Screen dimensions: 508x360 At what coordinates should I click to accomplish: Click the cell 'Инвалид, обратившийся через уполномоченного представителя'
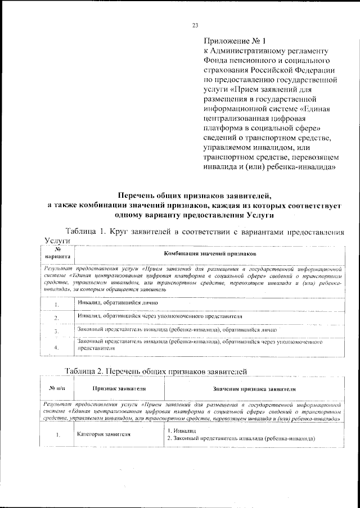160,316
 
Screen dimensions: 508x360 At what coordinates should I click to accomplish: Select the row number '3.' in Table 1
57,332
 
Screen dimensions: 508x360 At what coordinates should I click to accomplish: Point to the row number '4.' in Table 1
57,347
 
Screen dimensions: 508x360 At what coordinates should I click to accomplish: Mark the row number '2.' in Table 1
57,318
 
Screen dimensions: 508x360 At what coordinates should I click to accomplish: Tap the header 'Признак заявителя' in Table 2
119,388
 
